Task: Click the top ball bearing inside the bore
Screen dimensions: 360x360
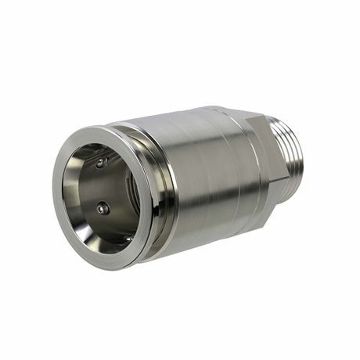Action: (x=100, y=162)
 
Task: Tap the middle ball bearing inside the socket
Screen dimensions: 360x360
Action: (x=102, y=208)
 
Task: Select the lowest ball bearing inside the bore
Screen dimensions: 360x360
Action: (x=125, y=238)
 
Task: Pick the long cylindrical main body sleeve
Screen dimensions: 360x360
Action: (x=203, y=172)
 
